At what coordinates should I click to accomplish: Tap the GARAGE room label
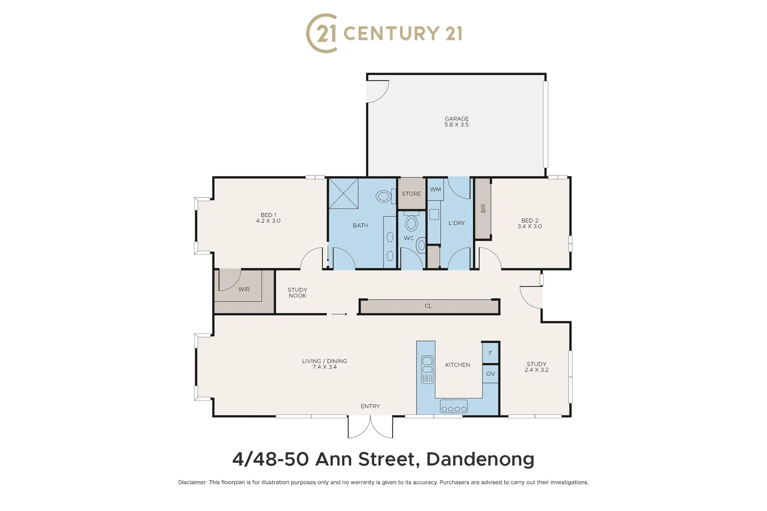(x=456, y=119)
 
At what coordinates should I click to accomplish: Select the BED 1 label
(x=268, y=215)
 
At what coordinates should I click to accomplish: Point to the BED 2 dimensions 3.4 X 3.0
(x=529, y=227)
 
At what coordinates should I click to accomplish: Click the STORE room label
(x=411, y=194)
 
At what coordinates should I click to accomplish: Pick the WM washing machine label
(x=435, y=189)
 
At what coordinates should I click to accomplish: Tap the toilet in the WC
(x=411, y=222)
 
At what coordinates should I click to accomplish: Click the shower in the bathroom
(x=343, y=193)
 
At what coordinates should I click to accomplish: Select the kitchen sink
(x=427, y=369)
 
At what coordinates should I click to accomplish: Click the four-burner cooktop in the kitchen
(x=454, y=407)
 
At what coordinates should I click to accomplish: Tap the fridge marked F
(x=490, y=353)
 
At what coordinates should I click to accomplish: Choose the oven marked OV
(x=491, y=374)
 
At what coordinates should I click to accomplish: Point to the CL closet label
(x=428, y=306)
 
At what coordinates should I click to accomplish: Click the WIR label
(x=244, y=290)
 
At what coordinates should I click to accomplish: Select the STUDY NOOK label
(x=297, y=293)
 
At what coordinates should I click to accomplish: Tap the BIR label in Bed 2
(x=483, y=208)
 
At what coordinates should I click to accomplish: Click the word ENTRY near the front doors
(x=370, y=406)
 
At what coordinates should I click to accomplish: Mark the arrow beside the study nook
(x=339, y=314)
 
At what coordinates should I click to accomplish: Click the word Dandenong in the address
(x=480, y=459)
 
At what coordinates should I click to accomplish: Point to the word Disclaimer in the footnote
(x=192, y=482)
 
